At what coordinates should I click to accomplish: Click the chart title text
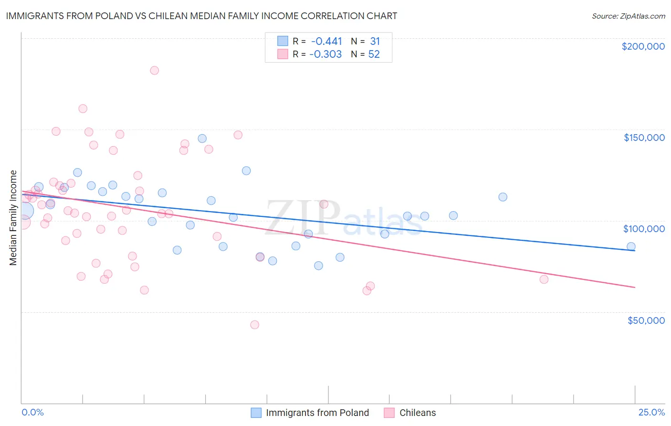coord(201,16)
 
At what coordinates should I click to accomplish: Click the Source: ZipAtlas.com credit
coord(628,16)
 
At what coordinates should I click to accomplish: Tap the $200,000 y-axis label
coord(643,46)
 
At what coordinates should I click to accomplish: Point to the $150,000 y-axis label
coord(644,138)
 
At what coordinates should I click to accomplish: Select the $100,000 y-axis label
coord(644,229)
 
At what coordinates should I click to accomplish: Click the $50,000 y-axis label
coord(646,320)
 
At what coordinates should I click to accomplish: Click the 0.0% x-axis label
coord(32,412)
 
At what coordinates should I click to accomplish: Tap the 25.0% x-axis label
coord(651,412)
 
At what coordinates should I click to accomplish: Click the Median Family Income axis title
coord(13,218)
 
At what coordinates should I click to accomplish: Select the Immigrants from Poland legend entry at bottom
coord(317,413)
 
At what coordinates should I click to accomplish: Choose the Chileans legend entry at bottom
coord(417,413)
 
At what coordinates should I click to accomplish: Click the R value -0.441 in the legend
coord(326,42)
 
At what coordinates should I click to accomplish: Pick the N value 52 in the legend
coord(374,54)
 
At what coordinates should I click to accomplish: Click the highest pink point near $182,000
coord(154,70)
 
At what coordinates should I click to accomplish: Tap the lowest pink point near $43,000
coord(254,325)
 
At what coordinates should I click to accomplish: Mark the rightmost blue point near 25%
coord(631,246)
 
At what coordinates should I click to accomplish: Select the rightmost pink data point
coord(544,279)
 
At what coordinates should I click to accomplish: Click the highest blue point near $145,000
coord(202,138)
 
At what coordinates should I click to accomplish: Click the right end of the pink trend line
coord(635,287)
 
